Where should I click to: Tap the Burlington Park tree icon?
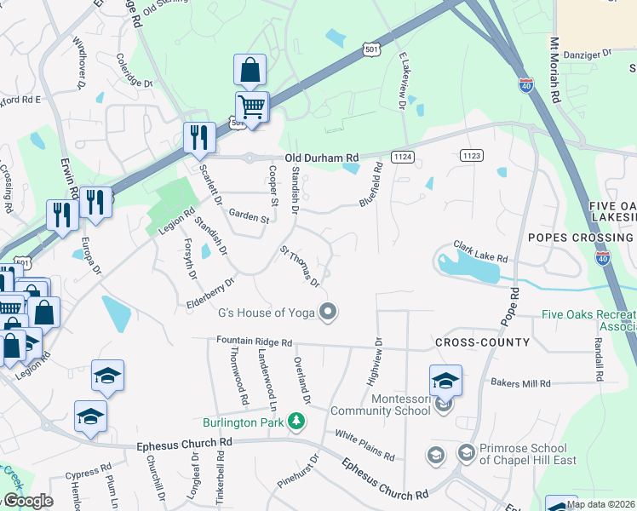click(x=296, y=422)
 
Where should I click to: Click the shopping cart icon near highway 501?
click(x=251, y=107)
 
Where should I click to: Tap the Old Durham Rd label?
click(x=322, y=158)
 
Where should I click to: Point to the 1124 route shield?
click(x=403, y=157)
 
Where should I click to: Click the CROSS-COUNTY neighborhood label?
click(x=482, y=342)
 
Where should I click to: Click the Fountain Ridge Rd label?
click(x=254, y=342)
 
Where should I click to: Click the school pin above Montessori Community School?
click(x=445, y=380)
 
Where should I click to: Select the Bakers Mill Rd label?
click(x=520, y=383)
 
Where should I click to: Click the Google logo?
click(x=27, y=502)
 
